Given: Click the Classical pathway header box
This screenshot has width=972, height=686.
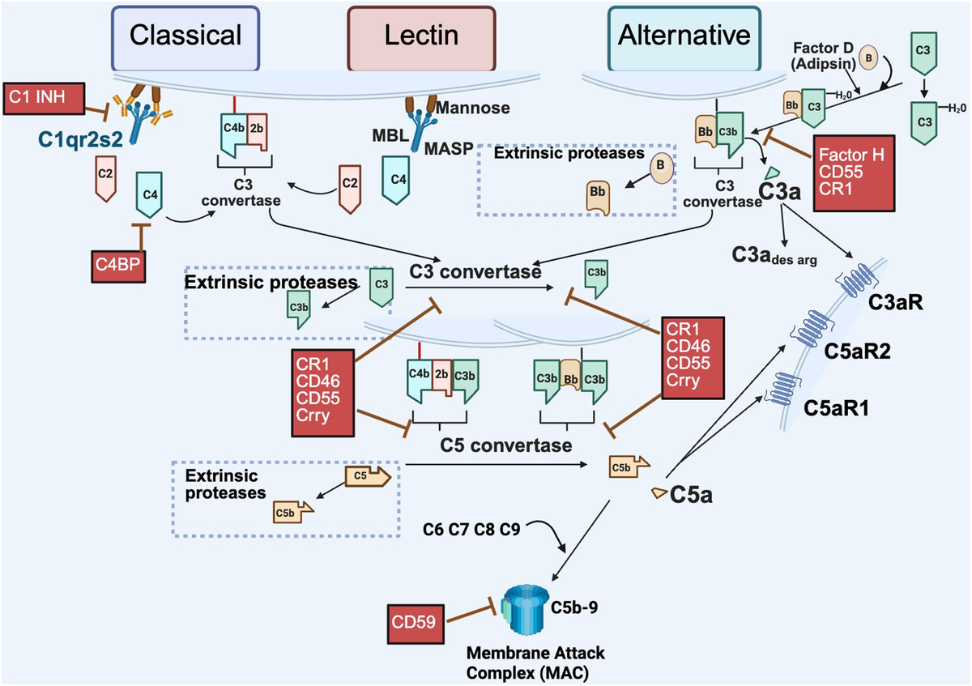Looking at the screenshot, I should (x=186, y=36).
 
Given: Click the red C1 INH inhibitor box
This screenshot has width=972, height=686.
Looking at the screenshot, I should (x=43, y=98).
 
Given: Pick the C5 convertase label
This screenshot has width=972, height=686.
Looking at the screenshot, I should (x=506, y=445).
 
